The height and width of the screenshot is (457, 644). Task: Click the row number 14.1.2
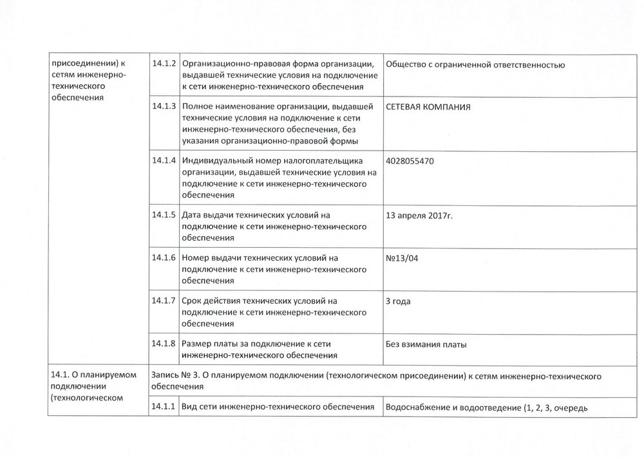click(x=164, y=64)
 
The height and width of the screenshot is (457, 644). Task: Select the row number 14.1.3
click(x=164, y=106)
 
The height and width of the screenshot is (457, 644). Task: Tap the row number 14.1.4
click(x=164, y=160)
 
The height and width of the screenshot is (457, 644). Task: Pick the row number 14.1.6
click(x=164, y=257)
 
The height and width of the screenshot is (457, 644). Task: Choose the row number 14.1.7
click(x=164, y=301)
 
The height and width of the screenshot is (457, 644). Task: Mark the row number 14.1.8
click(x=164, y=344)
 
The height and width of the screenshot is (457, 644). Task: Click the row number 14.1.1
click(x=164, y=406)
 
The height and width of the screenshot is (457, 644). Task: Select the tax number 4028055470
click(x=409, y=161)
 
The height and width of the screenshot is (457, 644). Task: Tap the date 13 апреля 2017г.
click(x=419, y=215)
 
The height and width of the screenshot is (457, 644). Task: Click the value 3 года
click(x=397, y=301)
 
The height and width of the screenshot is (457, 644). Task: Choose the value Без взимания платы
click(x=426, y=344)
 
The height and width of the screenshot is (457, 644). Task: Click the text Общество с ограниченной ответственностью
click(x=475, y=64)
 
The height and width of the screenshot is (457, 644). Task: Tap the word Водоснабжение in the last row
click(x=415, y=406)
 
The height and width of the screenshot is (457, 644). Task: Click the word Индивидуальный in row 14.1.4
click(x=215, y=160)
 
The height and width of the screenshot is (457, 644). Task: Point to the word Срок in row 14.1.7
click(x=193, y=301)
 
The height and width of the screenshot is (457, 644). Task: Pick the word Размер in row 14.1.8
click(x=197, y=344)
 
